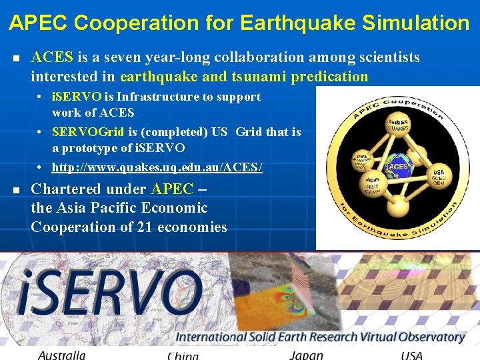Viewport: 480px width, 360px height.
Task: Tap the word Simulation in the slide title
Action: coord(415,23)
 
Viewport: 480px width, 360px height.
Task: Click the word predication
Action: coord(329,77)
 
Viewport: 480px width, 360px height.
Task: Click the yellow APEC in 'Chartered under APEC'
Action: coord(172,189)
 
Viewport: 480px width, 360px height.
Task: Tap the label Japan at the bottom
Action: coord(306,355)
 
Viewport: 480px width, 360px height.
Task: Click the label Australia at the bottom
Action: coord(61,355)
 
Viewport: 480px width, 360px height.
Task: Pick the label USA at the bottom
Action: coord(411,355)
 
